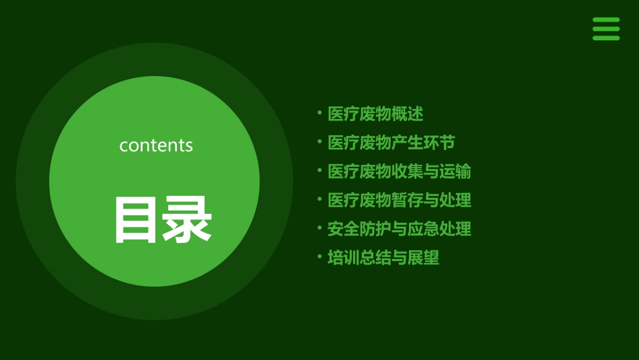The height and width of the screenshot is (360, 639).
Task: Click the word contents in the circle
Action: (x=156, y=145)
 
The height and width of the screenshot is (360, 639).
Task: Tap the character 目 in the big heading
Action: (x=136, y=219)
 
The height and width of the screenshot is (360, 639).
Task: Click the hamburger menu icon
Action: (x=606, y=29)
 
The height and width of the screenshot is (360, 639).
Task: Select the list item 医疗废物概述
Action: (x=375, y=114)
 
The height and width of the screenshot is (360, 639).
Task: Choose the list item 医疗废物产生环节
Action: (x=391, y=143)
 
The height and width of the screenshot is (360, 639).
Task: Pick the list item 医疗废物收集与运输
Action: (x=400, y=172)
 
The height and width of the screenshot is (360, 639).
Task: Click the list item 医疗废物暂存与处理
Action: (x=400, y=200)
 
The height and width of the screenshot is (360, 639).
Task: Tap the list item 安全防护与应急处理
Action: (x=400, y=229)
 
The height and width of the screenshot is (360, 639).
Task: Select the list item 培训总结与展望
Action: (x=383, y=258)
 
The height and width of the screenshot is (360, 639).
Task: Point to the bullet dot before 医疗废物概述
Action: (x=319, y=113)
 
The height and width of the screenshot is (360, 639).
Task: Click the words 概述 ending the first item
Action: (x=408, y=114)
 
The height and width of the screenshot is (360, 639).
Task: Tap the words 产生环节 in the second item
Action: (x=424, y=143)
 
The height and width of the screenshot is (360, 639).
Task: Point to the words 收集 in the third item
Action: (x=408, y=172)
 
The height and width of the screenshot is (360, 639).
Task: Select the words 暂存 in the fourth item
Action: (x=408, y=200)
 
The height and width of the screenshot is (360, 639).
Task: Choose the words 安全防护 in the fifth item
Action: (x=359, y=229)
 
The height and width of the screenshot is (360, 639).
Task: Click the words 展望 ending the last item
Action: (x=424, y=258)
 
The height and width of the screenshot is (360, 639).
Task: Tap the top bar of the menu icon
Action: (x=606, y=20)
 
